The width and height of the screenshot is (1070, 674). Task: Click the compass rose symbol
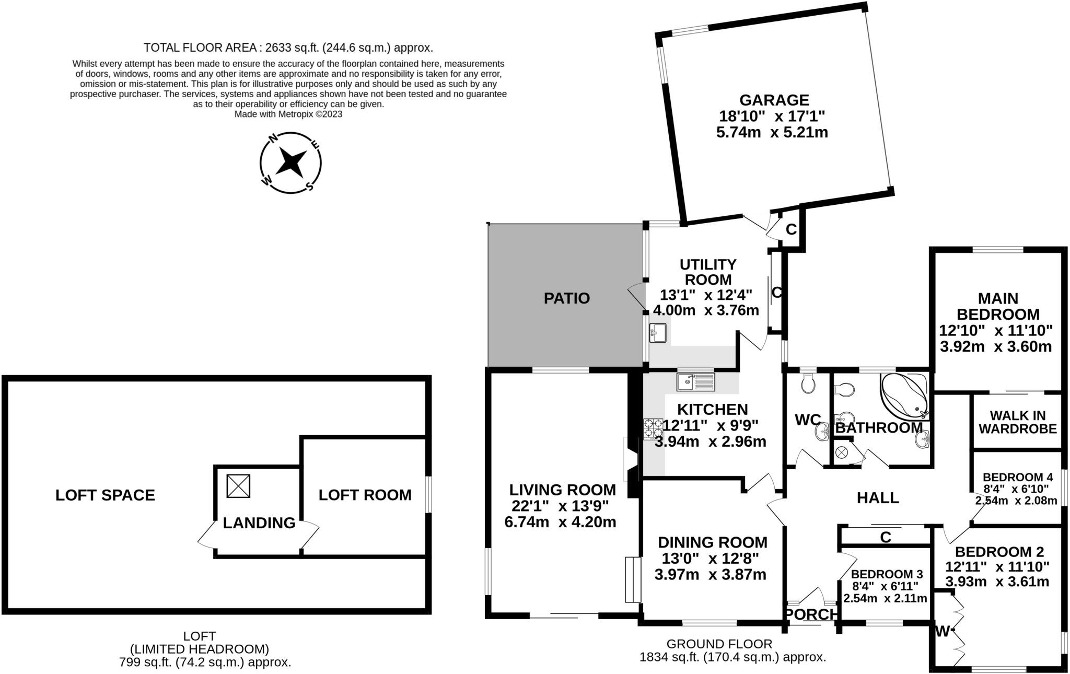tap(290, 162)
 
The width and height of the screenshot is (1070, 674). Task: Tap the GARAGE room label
tap(774, 100)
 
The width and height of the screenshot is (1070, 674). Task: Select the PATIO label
tap(567, 298)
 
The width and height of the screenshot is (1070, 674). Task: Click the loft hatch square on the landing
tap(238, 486)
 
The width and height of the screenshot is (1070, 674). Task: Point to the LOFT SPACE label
tap(105, 495)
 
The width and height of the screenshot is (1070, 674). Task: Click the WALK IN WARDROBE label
tap(1018, 423)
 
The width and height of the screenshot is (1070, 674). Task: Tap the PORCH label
tap(812, 615)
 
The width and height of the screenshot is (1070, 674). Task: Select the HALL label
tap(878, 498)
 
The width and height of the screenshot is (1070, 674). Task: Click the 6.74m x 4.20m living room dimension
tap(560, 522)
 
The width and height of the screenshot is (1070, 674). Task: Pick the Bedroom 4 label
tap(1018, 477)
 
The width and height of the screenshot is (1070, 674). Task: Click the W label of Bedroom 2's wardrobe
tap(942, 632)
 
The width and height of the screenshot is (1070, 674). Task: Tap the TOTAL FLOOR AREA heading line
tap(288, 48)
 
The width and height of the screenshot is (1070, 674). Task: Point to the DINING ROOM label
tap(713, 542)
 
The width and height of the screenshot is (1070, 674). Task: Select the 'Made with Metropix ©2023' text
tap(288, 114)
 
